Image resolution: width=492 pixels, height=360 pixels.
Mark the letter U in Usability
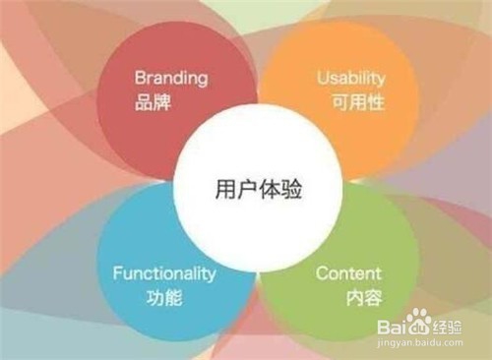[321, 76]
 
